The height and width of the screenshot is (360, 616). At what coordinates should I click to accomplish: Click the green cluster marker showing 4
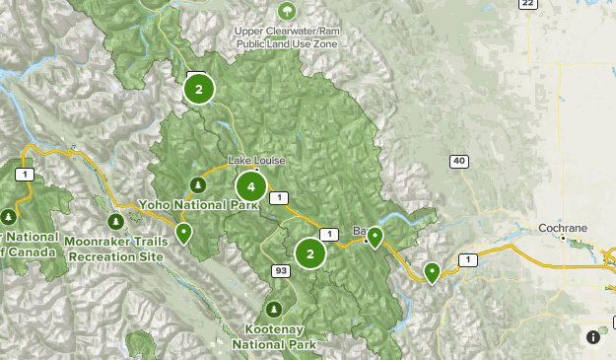[251, 186]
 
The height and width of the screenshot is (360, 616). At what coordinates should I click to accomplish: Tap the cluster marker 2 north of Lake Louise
[199, 90]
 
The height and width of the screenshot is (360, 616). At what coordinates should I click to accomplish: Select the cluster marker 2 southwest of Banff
[310, 253]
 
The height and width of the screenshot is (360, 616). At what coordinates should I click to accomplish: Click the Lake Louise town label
[256, 160]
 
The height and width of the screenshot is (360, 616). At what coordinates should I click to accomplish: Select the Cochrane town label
[563, 228]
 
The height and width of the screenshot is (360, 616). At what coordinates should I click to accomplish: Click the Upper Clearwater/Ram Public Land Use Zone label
[287, 36]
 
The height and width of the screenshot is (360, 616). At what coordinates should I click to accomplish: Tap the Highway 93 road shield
[281, 269]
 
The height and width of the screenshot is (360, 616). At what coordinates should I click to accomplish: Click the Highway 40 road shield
[459, 161]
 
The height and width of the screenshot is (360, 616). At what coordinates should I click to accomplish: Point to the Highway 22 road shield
[527, 4]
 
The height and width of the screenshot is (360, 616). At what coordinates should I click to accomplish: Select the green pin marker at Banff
[375, 237]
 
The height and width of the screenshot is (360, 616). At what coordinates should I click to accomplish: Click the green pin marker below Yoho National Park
[184, 234]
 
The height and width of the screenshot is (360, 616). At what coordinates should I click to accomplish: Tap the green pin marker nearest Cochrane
[432, 272]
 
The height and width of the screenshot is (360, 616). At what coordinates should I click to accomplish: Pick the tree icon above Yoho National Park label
[198, 184]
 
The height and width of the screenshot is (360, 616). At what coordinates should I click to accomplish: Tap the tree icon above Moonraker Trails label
[116, 221]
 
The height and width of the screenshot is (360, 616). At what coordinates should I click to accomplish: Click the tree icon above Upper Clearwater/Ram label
[287, 12]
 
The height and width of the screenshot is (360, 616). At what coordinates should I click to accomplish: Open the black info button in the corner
[594, 336]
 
